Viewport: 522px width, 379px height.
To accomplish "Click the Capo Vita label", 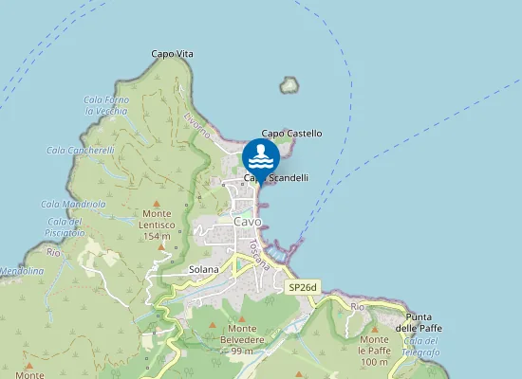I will [x=172, y=54].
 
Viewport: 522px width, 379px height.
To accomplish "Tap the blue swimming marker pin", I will [x=261, y=155].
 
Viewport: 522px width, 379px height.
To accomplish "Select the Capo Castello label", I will [x=291, y=134].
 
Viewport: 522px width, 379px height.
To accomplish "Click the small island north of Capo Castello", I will [x=289, y=85].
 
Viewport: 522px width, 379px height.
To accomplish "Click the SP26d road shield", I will [x=303, y=285].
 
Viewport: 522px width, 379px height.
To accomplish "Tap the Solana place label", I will [x=203, y=269].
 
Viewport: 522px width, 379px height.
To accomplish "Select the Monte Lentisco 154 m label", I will [x=157, y=225].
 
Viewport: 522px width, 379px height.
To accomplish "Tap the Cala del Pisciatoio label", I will [x=65, y=226].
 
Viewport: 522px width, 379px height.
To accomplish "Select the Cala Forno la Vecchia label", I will [x=105, y=105].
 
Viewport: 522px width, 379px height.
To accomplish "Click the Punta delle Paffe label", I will [x=424, y=322].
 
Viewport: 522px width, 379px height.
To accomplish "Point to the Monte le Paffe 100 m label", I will [x=374, y=351].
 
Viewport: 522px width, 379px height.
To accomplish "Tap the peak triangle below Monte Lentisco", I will [x=161, y=246].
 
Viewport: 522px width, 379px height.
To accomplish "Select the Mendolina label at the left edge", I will [x=21, y=271].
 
